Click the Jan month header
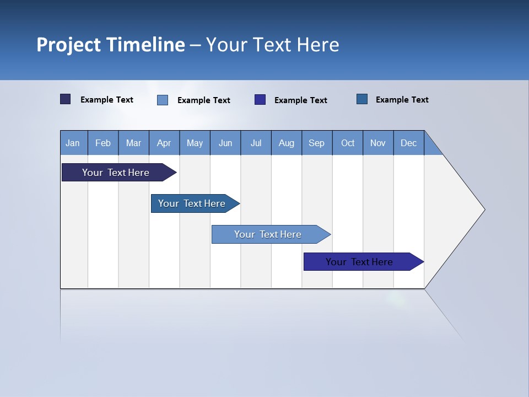[x=73, y=143]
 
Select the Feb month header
[x=103, y=143]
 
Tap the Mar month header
[x=133, y=143]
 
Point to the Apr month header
[x=164, y=143]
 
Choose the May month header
[x=195, y=143]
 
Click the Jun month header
[x=225, y=143]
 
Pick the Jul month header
[x=256, y=143]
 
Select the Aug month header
[x=287, y=143]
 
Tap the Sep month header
[x=317, y=143]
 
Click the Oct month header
[x=348, y=143]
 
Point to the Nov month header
[x=378, y=143]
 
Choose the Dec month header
[x=409, y=143]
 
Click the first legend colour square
[x=66, y=99]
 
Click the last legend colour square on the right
[x=362, y=99]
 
